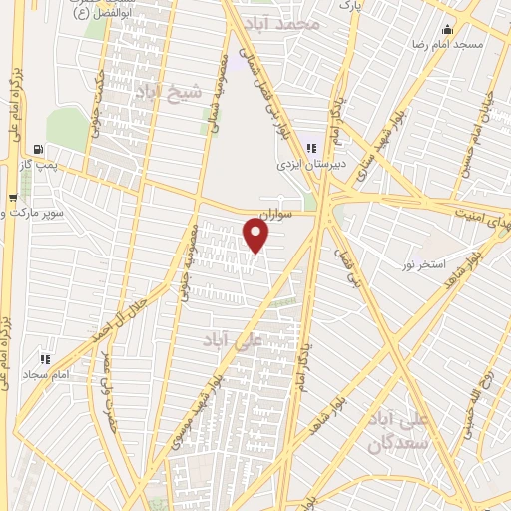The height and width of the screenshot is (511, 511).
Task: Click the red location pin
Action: (x=257, y=236)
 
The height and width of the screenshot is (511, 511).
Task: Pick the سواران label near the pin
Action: (x=273, y=213)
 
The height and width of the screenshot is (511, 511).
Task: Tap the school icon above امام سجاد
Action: (x=43, y=357)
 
